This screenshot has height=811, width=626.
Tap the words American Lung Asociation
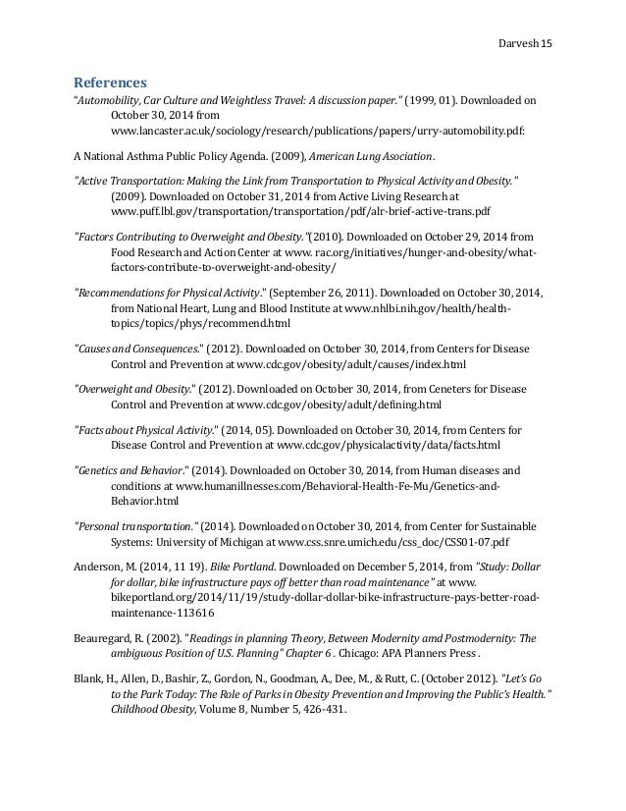pyautogui.click(x=375, y=156)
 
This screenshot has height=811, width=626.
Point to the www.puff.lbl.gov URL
pyautogui.click(x=301, y=211)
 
